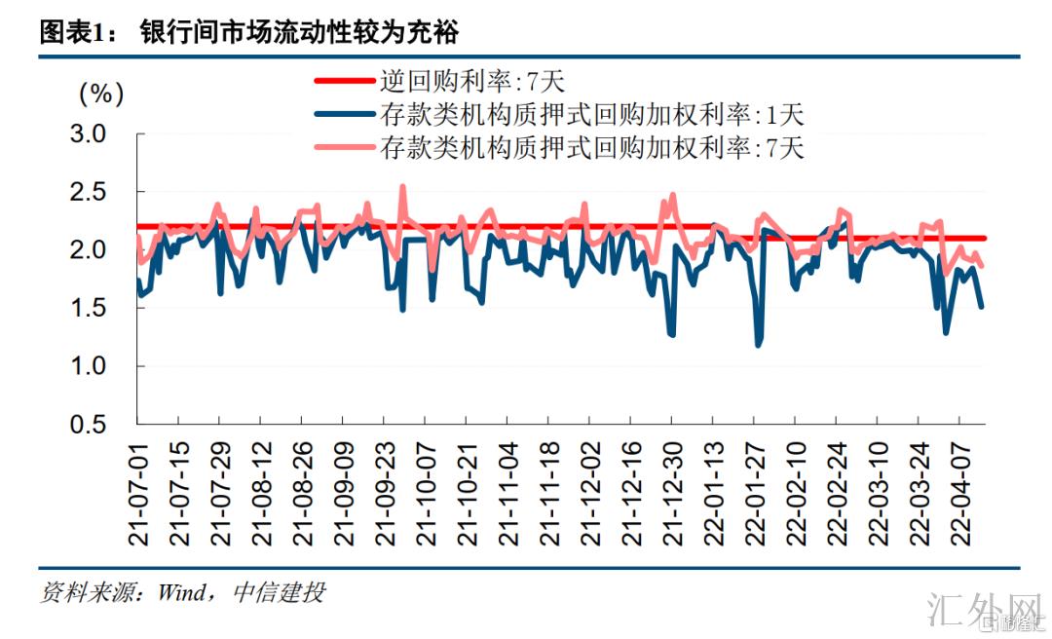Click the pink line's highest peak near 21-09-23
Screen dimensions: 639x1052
402,186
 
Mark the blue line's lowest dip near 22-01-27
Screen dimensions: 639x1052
758,345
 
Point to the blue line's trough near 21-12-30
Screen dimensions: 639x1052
672,334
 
